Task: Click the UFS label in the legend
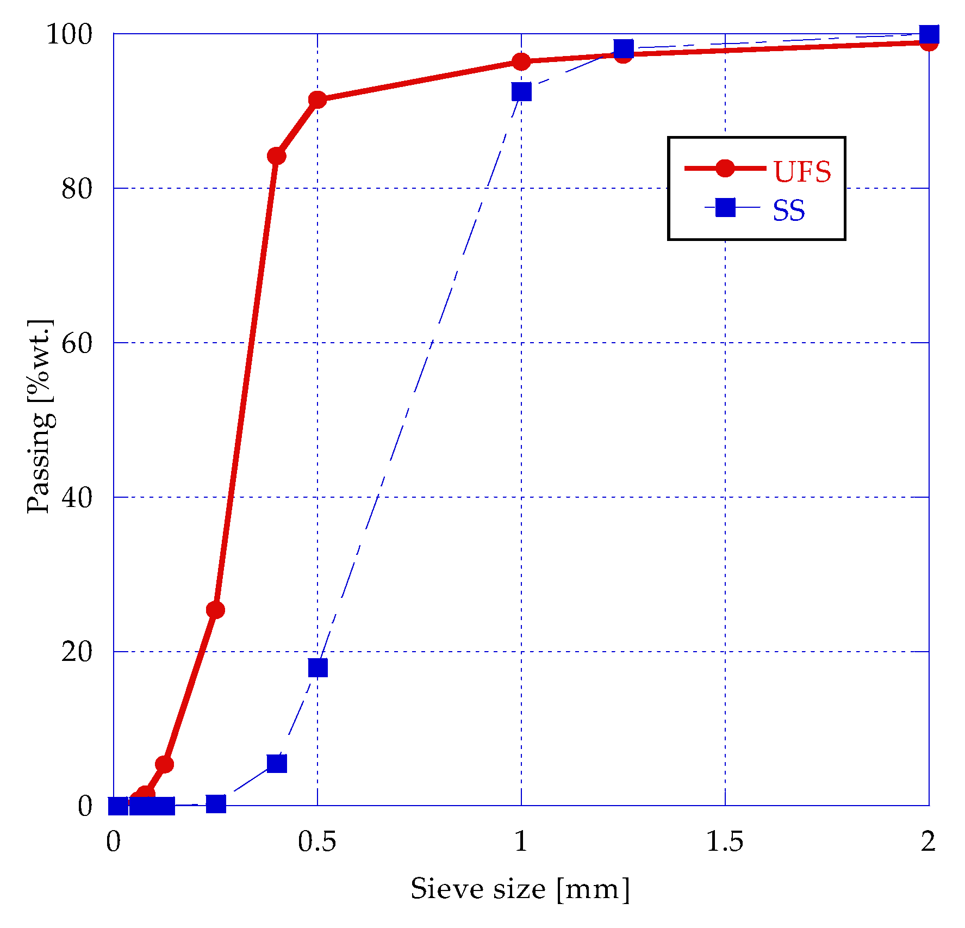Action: pos(802,172)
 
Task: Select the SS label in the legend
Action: pos(788,211)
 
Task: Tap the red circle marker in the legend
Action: pos(725,168)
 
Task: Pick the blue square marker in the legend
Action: pos(725,207)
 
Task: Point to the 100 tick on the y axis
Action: pos(69,34)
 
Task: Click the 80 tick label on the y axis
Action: pos(77,189)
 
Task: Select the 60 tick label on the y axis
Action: pos(77,343)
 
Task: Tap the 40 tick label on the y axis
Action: pos(77,498)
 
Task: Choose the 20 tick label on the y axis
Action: pos(77,652)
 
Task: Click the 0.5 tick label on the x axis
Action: pos(317,842)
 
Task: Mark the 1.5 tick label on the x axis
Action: pos(725,842)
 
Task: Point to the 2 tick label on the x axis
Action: pos(929,842)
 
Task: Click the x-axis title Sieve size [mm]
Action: pos(520,889)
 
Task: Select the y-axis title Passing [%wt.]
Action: pos(40,416)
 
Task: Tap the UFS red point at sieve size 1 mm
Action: pos(521,62)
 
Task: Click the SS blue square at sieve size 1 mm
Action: pos(521,92)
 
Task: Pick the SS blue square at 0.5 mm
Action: pos(318,667)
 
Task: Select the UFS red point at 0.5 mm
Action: pos(317,100)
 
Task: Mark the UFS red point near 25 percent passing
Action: pos(215,610)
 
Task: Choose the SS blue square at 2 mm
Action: pos(929,34)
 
